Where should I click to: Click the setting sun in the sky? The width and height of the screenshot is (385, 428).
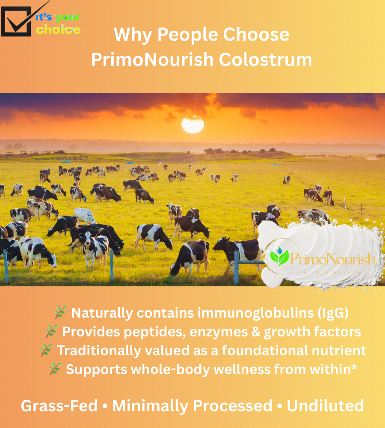(192, 124)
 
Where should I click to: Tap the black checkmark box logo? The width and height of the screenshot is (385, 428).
(16, 21)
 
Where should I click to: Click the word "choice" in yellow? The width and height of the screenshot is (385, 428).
(58, 30)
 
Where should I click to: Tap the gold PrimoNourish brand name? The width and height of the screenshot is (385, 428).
(333, 259)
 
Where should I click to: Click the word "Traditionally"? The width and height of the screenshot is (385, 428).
(99, 351)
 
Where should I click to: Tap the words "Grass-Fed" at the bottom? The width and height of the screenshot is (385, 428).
(59, 406)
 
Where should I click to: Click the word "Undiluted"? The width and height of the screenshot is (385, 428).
(325, 406)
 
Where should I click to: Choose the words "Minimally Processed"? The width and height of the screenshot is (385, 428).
(192, 406)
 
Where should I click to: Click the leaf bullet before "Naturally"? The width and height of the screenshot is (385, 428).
(61, 313)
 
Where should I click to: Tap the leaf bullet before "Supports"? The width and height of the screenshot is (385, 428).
(55, 369)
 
